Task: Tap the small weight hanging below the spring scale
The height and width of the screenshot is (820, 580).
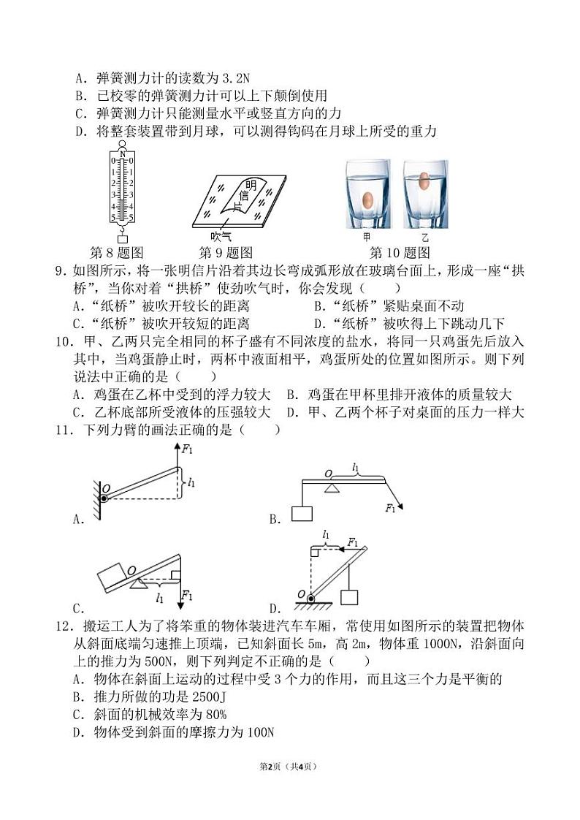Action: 122,239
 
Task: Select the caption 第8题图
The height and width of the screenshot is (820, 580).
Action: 119,254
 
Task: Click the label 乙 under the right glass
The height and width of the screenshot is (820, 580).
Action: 425,238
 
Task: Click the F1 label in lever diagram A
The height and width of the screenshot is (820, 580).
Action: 188,450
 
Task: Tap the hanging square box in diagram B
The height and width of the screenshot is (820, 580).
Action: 302,513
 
